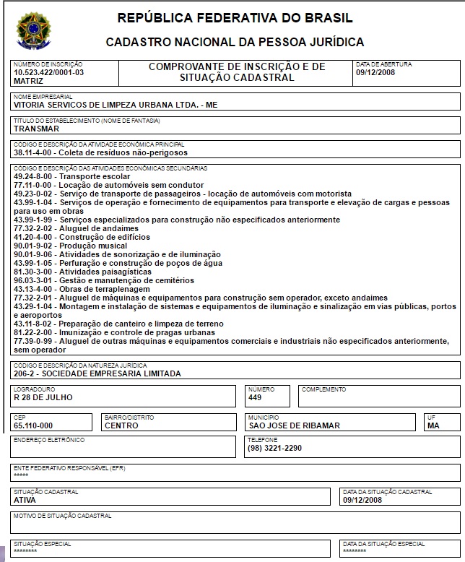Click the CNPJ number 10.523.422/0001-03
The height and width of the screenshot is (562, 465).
click(49, 73)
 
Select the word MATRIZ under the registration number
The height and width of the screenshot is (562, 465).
click(28, 81)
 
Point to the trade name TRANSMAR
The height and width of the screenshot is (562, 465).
click(36, 129)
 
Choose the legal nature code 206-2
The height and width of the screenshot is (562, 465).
click(27, 373)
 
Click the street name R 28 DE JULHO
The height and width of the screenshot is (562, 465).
click(43, 397)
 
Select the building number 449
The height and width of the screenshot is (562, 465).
click(255, 397)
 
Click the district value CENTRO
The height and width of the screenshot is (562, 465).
click(121, 425)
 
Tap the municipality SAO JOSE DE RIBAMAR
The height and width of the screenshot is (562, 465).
click(294, 425)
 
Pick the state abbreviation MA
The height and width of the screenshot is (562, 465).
click(433, 425)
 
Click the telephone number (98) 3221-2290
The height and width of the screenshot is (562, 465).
click(274, 448)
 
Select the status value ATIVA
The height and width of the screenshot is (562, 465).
click(25, 499)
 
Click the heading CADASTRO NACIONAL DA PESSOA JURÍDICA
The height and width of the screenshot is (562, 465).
click(235, 43)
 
